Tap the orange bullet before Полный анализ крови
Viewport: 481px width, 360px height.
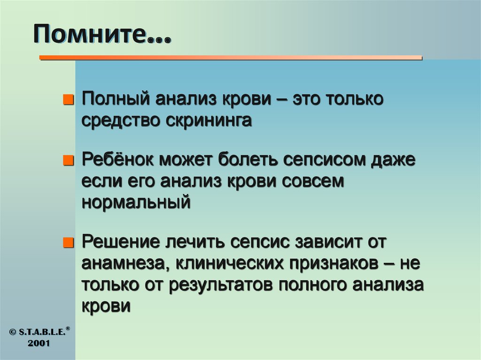(69, 100)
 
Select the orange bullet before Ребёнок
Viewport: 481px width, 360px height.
(69, 161)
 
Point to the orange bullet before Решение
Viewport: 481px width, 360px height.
(69, 243)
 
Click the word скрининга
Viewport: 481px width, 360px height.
(208, 121)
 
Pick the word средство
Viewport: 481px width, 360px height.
(120, 121)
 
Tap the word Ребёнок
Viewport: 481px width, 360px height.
(118, 160)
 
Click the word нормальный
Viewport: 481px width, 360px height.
(136, 202)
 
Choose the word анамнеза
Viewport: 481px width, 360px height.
(125, 264)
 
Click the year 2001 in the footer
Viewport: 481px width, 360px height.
(39, 343)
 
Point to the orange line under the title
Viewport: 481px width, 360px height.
(230, 58)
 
